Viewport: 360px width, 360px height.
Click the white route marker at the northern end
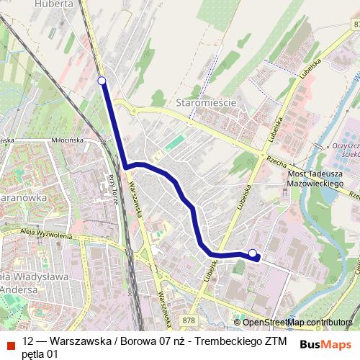102,81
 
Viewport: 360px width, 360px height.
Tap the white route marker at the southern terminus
253,252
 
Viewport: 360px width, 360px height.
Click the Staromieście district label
207,103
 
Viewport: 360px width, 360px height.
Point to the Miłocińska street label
68,140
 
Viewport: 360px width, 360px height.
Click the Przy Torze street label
113,189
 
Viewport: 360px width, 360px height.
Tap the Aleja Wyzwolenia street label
47,235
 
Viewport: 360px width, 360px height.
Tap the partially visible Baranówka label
22,196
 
